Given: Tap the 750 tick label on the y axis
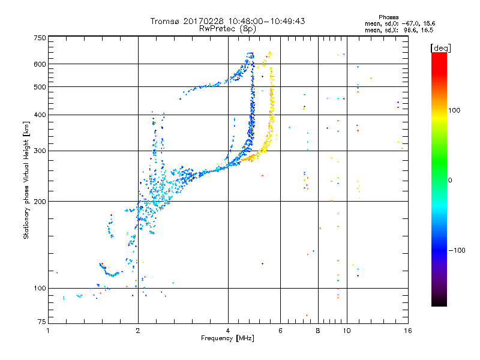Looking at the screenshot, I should (40, 37).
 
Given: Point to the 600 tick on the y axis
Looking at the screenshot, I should (40, 64).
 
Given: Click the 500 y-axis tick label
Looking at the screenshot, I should (40, 87).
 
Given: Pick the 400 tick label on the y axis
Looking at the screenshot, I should (40, 115).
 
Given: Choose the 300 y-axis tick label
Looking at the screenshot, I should (40, 151).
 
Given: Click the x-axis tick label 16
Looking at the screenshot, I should (408, 331).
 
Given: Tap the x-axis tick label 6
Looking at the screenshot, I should (281, 331).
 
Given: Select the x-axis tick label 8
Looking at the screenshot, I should (318, 331).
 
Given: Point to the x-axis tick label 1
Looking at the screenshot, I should (48, 331).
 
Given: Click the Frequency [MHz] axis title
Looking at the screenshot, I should (228, 339).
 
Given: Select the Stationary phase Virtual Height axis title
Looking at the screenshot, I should (26, 180).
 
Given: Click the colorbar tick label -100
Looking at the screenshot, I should (456, 250).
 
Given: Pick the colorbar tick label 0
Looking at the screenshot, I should (450, 180).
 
